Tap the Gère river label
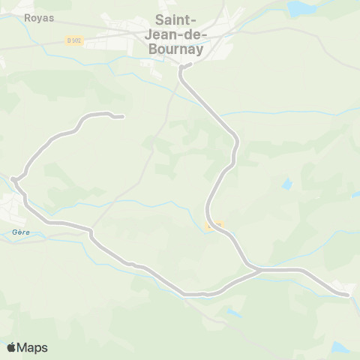coord(20,232)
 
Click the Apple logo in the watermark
coord(12,347)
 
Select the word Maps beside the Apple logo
coord(34,347)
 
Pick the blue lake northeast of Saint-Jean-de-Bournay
coord(301,9)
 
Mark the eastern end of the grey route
coord(348,295)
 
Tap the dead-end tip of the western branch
coord(122,116)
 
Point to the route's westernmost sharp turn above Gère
coord(14,178)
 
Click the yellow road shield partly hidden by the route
coord(214,224)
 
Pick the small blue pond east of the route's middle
coord(287,184)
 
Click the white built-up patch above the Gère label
coord(13,202)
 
